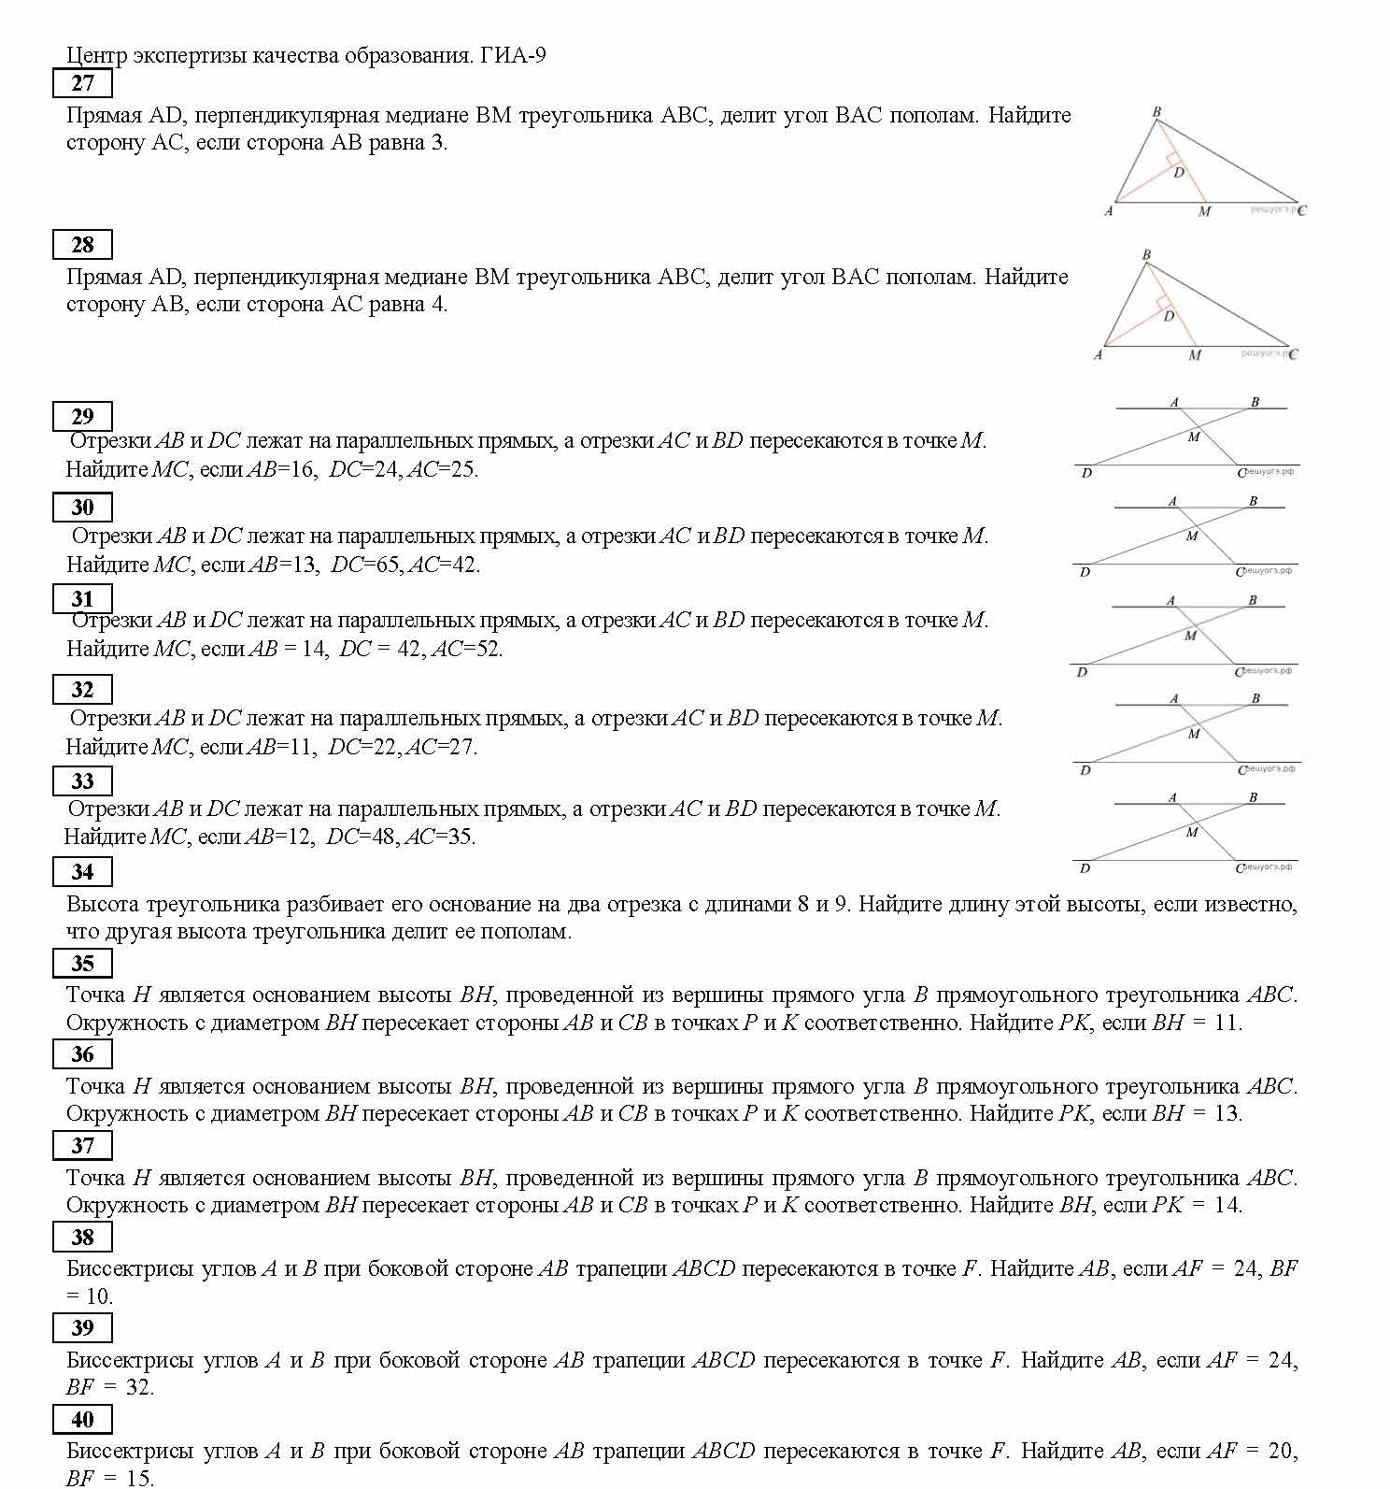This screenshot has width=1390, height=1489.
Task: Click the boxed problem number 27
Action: pos(82,83)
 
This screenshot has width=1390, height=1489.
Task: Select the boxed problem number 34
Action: pos(82,872)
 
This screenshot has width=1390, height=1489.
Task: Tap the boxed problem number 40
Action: pos(82,1420)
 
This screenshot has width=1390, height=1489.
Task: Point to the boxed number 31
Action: pos(82,599)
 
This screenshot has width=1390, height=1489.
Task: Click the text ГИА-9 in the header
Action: pos(513,55)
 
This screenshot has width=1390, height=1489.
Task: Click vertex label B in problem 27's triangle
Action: pos(1156,112)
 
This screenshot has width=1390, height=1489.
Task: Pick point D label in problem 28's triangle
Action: pos(1169,316)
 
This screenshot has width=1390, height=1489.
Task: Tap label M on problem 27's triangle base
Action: pos(1204,212)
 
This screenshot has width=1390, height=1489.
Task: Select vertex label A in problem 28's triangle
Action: pos(1098,355)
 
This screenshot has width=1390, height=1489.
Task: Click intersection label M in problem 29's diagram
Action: pos(1194,437)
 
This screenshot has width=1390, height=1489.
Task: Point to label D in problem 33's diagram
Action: pos(1085,868)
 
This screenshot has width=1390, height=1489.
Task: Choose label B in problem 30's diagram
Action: pos(1254,501)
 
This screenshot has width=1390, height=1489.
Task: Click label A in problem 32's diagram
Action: pos(1174,698)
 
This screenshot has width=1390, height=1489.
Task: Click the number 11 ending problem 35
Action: pos(1227,1023)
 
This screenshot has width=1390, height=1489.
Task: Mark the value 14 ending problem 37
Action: pos(1227,1205)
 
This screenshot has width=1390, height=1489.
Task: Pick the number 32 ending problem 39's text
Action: pos(138,1387)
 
